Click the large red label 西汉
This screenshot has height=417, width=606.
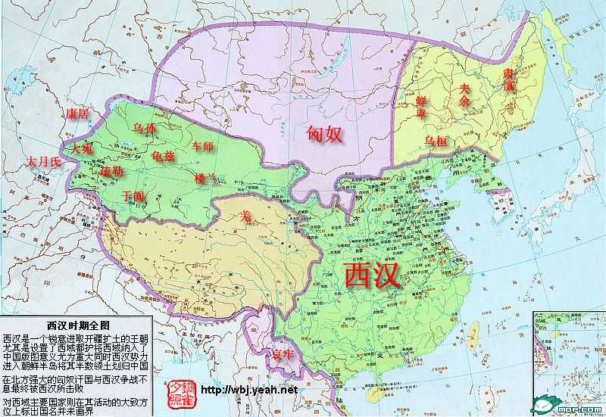point(372,274)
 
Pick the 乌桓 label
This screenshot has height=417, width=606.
point(437,141)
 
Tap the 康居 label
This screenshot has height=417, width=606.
point(77,114)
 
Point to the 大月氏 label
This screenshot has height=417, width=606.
point(42,163)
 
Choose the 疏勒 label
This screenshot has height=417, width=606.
point(111,172)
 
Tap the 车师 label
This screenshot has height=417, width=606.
point(203,146)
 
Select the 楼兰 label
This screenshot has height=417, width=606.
point(206,179)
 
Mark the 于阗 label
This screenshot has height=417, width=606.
point(133,195)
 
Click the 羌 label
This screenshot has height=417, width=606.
point(245,216)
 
